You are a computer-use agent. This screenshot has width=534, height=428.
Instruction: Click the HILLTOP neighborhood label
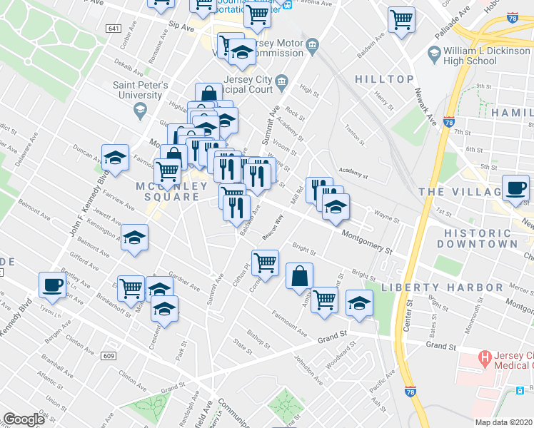(x=385, y=79)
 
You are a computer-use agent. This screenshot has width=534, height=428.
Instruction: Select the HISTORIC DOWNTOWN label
(x=480, y=238)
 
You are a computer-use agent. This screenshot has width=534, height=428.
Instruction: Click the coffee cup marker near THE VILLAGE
(x=515, y=188)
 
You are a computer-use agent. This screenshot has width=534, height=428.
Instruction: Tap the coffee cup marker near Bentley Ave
(x=51, y=285)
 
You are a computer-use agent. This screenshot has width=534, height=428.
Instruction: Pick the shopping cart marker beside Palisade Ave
(x=401, y=19)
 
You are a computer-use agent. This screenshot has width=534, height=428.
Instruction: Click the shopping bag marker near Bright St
(x=299, y=275)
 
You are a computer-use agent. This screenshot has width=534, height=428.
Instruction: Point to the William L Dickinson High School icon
(x=434, y=53)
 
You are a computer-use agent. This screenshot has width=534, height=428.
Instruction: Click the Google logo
(x=24, y=419)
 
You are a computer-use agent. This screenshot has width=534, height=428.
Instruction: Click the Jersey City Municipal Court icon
(x=281, y=81)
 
